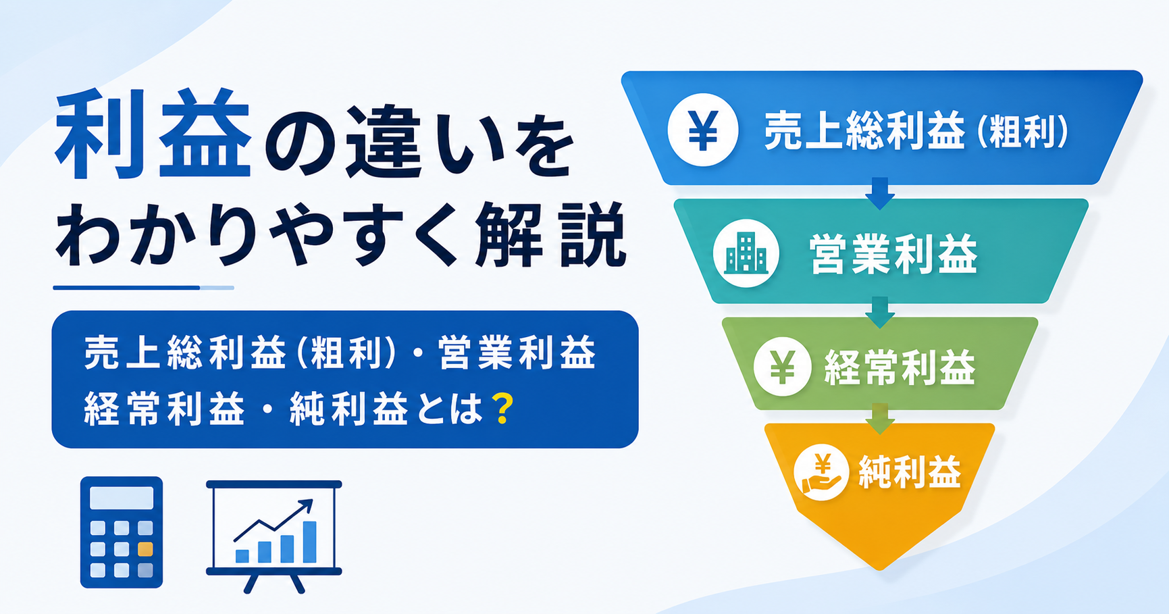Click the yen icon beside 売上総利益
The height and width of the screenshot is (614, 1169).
[702, 130]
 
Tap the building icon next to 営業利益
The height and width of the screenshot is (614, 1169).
[746, 253]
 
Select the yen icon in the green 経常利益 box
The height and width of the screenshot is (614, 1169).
[782, 366]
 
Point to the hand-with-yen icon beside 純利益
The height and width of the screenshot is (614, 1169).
[821, 472]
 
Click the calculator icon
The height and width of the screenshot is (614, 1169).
[122, 532]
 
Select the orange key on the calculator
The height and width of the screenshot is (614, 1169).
[145, 549]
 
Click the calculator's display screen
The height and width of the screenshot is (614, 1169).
[122, 498]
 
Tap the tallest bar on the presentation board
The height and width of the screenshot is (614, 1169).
[310, 542]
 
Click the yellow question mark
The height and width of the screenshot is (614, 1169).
[502, 409]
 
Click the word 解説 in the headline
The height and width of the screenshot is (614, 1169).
[549, 236]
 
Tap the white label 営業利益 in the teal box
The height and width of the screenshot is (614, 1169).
[893, 255]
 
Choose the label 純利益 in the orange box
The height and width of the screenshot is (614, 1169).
[910, 472]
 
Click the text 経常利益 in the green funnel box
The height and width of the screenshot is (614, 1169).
[900, 367]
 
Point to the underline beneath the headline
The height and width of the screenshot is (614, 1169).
[143, 288]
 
